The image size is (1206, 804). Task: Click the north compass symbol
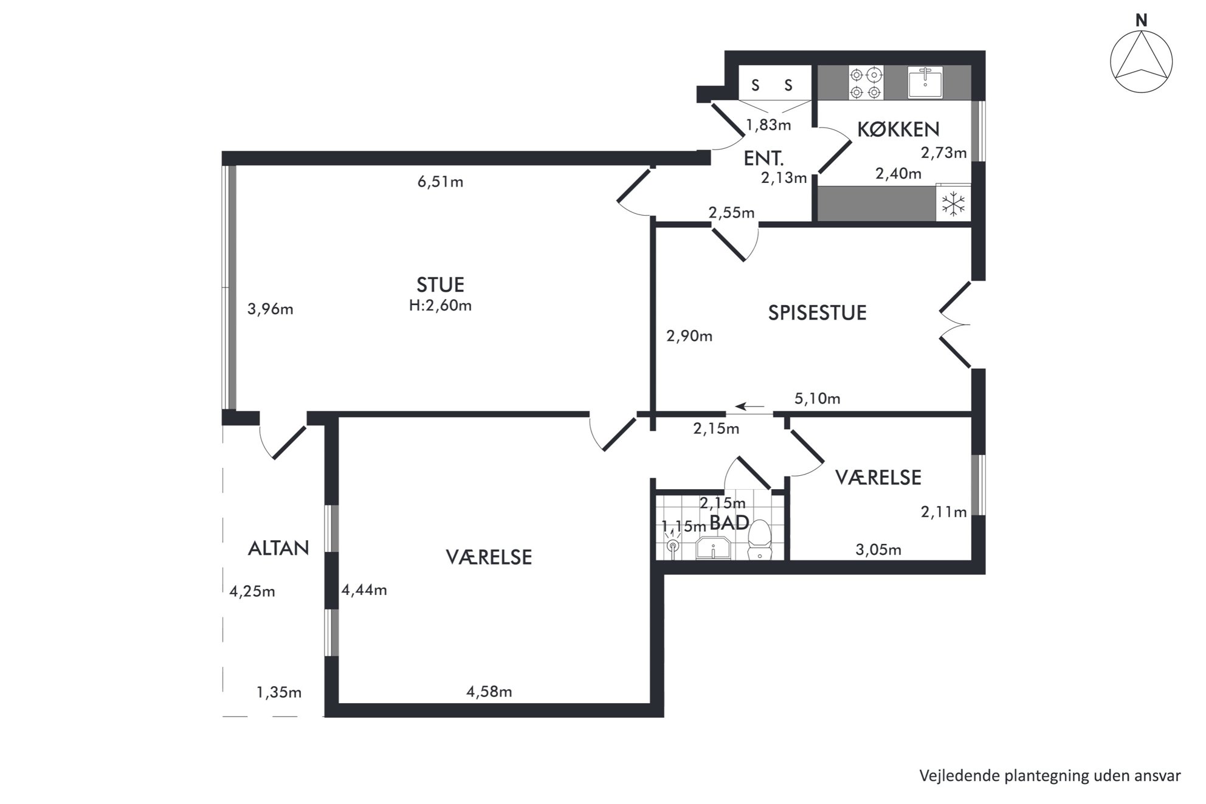click(x=1141, y=61)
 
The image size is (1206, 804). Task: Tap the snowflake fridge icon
click(x=953, y=203)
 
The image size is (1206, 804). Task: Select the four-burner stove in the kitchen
click(x=866, y=83)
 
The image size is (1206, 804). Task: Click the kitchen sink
click(x=925, y=82)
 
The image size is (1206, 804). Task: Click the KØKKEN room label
click(x=898, y=129)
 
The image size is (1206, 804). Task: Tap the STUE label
click(x=440, y=284)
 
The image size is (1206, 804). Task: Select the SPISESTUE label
click(x=817, y=312)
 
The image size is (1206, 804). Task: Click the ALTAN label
click(x=278, y=548)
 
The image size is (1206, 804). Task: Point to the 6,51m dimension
click(x=440, y=182)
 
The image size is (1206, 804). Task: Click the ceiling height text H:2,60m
click(x=440, y=305)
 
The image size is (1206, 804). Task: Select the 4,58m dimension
click(x=489, y=692)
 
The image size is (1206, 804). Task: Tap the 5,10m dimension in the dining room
click(x=817, y=399)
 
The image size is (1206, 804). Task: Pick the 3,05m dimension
click(x=878, y=550)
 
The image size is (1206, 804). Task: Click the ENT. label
click(x=763, y=159)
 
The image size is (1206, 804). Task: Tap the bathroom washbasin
click(x=713, y=548)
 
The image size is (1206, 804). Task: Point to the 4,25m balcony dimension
click(x=252, y=591)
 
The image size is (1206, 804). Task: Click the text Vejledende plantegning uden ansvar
click(x=1050, y=776)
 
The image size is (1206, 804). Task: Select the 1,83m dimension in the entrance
click(x=768, y=125)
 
